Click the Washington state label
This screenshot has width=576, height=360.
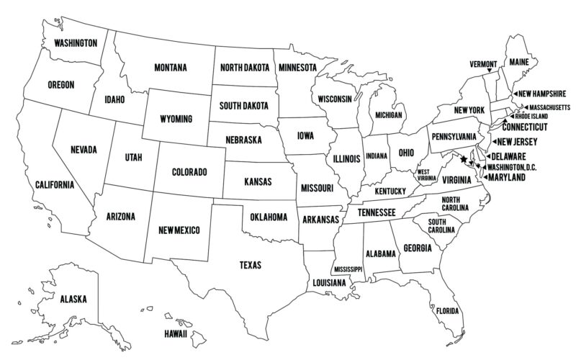tap(76, 43)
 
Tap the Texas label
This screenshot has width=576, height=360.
tap(251, 265)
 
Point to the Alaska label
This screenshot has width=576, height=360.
tap(73, 299)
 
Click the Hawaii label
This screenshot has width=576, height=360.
tap(175, 335)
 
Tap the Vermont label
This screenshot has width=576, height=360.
tap(483, 63)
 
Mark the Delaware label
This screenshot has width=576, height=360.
tap(510, 156)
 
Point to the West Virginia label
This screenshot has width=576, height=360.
tap(426, 175)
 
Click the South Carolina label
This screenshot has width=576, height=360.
tap(441, 226)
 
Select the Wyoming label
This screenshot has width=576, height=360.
tap(176, 118)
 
